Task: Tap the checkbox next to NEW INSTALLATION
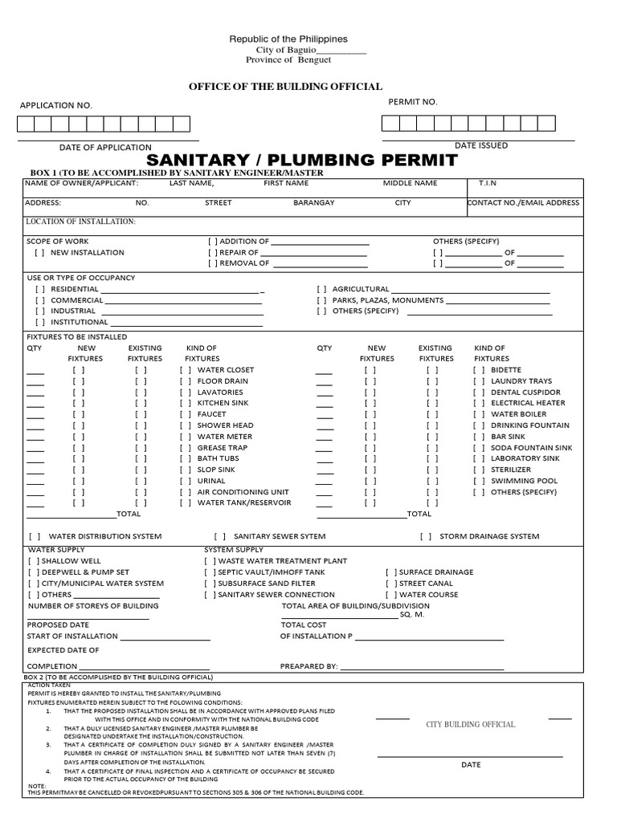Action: tap(39, 252)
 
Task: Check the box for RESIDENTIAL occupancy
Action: tap(39, 289)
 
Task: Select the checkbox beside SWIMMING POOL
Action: tap(479, 481)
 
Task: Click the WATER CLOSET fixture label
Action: tap(226, 370)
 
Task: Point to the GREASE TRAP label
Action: tap(223, 448)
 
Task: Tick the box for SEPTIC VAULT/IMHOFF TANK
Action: tap(210, 572)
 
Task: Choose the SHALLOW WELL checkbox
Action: tap(34, 561)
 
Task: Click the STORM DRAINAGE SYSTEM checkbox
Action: tap(425, 536)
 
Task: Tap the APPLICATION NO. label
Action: tap(56, 105)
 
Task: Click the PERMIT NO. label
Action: tap(413, 102)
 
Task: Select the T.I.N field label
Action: tap(488, 184)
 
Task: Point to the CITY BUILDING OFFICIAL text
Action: tap(471, 724)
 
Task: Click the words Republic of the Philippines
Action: tap(288, 39)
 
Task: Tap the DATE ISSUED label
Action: tap(481, 145)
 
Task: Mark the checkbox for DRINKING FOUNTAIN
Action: tap(479, 425)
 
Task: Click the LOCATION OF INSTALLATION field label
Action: tap(80, 222)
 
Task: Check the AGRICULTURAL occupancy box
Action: tap(321, 289)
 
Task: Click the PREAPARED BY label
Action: tap(308, 666)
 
